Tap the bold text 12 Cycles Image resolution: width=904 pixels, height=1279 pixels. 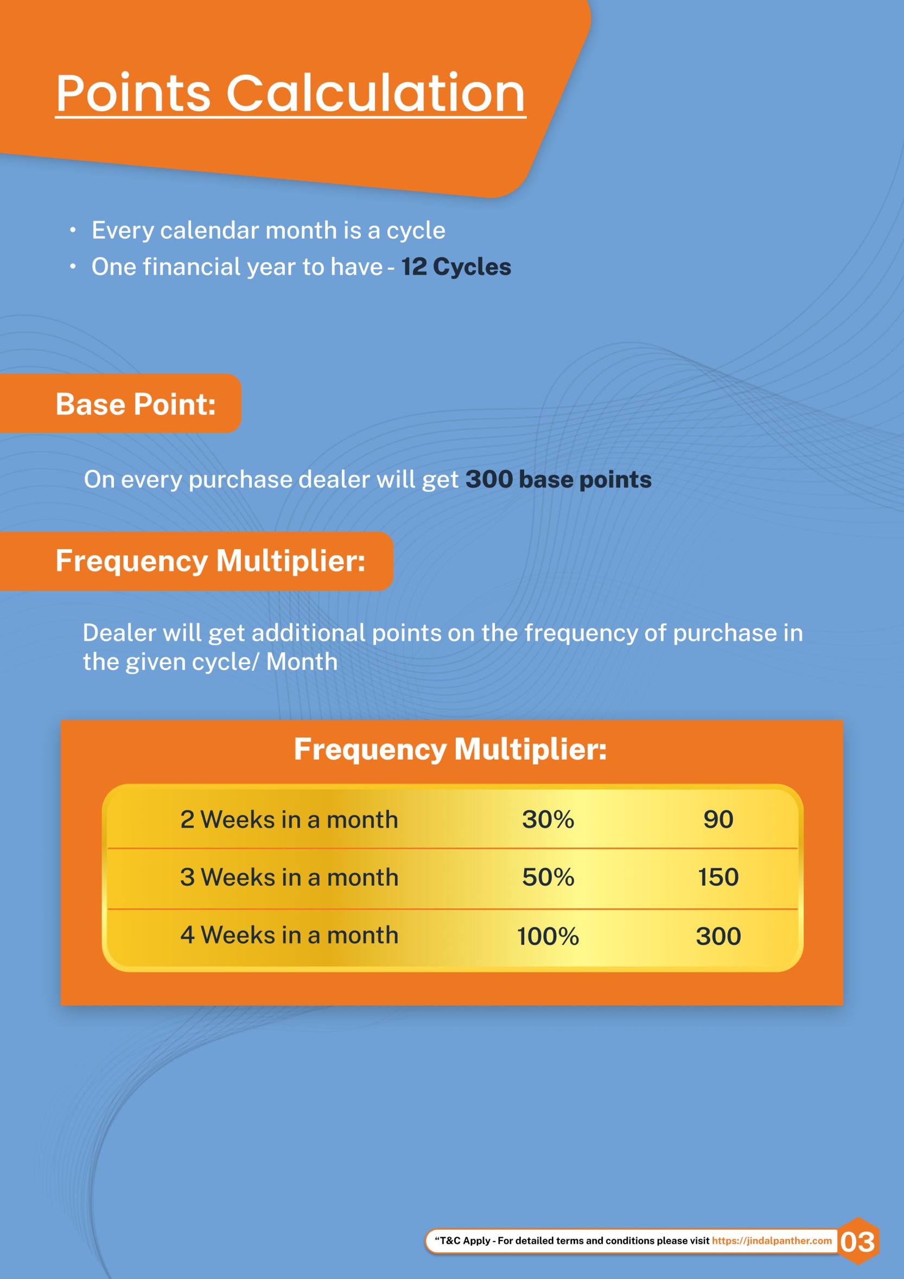click(x=456, y=267)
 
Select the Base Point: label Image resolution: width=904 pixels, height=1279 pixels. click(x=135, y=404)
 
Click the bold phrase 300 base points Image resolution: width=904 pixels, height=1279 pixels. click(x=558, y=480)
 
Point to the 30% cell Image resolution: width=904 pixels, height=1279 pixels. click(x=548, y=819)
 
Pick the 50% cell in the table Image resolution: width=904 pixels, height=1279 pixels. click(x=548, y=877)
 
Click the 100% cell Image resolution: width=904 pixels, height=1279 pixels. click(x=548, y=936)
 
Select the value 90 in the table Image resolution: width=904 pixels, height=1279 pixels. click(x=718, y=819)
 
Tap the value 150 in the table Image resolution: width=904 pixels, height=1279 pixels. click(x=718, y=877)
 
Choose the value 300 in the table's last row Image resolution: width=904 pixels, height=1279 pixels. click(x=718, y=936)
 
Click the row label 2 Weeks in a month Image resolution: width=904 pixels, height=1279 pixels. click(x=289, y=819)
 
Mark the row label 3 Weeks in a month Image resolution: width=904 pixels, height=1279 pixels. click(x=289, y=877)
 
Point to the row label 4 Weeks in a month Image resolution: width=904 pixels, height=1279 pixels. click(x=289, y=936)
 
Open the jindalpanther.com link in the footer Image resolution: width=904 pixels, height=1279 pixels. click(x=772, y=1240)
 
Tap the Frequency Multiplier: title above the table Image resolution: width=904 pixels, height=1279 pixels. click(x=450, y=749)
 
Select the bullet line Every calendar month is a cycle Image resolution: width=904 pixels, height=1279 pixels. click(x=269, y=231)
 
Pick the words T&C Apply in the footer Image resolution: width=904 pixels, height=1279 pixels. click(x=465, y=1240)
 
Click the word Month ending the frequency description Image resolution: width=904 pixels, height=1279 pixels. click(x=302, y=663)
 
